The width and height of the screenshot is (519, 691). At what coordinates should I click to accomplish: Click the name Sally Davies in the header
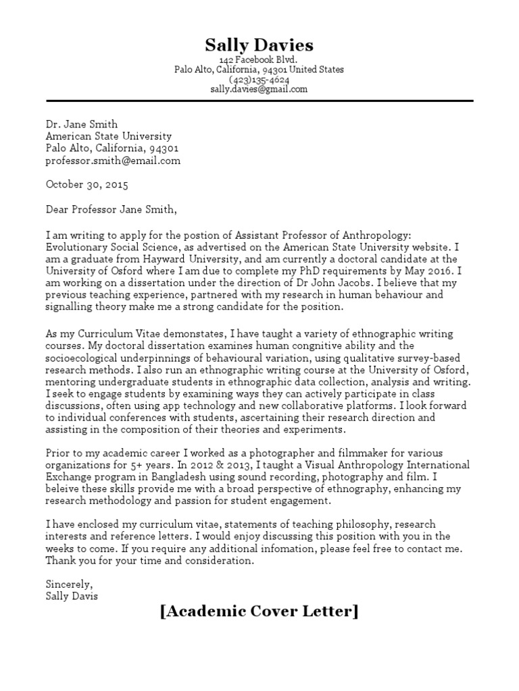[x=259, y=45]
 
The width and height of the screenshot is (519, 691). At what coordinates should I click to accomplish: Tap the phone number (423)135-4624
[x=259, y=79]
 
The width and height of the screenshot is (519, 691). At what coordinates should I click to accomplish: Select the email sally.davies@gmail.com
[x=259, y=88]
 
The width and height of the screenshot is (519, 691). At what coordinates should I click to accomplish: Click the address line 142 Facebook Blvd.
[x=259, y=60]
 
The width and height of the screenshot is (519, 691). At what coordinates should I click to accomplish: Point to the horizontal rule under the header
[x=259, y=101]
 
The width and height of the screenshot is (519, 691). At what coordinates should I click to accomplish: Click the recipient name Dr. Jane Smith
[x=82, y=124]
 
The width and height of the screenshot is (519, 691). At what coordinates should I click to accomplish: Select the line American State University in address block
[x=109, y=136]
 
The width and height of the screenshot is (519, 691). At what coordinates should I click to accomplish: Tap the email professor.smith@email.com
[x=113, y=161]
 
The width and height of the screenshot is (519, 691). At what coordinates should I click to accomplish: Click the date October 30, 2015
[x=86, y=184]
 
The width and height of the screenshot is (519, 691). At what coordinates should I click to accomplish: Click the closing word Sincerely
[x=69, y=584]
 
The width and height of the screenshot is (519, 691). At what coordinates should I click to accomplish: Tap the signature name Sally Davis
[x=72, y=597]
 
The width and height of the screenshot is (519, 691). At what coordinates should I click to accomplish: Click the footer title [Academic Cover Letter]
[x=259, y=612]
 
